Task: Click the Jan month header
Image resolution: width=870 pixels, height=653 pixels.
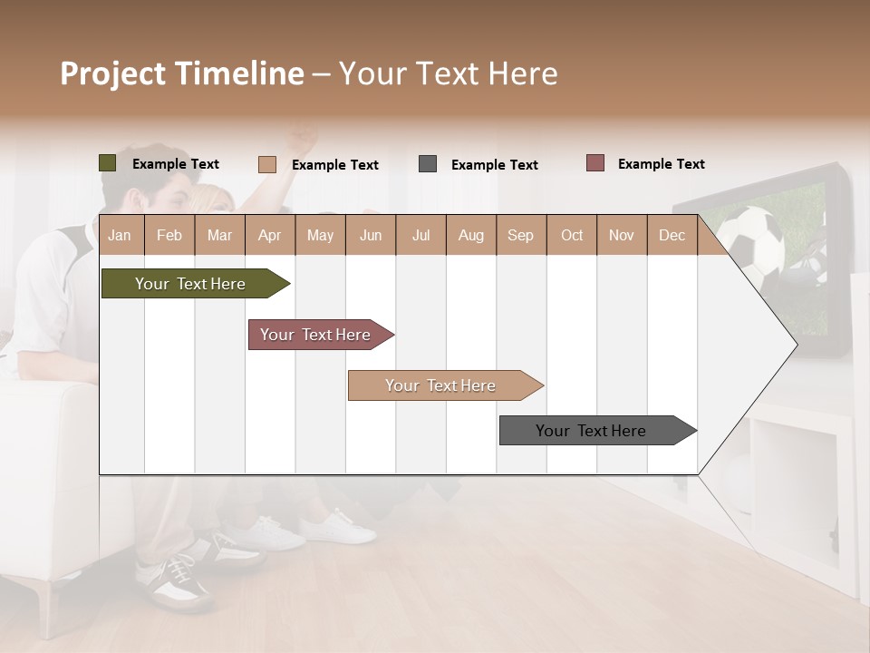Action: [x=120, y=235]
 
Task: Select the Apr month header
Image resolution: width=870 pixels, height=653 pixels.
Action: [x=269, y=235]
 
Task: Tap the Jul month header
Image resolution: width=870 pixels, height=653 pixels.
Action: [x=420, y=235]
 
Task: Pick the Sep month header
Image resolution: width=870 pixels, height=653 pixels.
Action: [x=520, y=235]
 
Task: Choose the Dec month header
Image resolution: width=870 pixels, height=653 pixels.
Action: [x=672, y=235]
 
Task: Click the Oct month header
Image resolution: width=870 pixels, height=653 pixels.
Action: [x=571, y=235]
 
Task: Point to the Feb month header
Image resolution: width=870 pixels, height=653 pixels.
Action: [x=169, y=235]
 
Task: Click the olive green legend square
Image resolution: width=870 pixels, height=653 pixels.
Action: [x=107, y=163]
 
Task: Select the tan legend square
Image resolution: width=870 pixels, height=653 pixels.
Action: [x=267, y=164]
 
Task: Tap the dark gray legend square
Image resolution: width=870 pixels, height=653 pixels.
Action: [x=428, y=164]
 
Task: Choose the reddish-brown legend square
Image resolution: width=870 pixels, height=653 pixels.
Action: [x=594, y=163]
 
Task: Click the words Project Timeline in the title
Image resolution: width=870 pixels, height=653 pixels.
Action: [x=181, y=73]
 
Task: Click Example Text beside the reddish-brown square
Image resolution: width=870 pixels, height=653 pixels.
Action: [x=661, y=164]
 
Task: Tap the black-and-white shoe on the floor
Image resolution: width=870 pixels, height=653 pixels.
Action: [x=178, y=580]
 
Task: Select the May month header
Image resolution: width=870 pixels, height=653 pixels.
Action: [x=320, y=235]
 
